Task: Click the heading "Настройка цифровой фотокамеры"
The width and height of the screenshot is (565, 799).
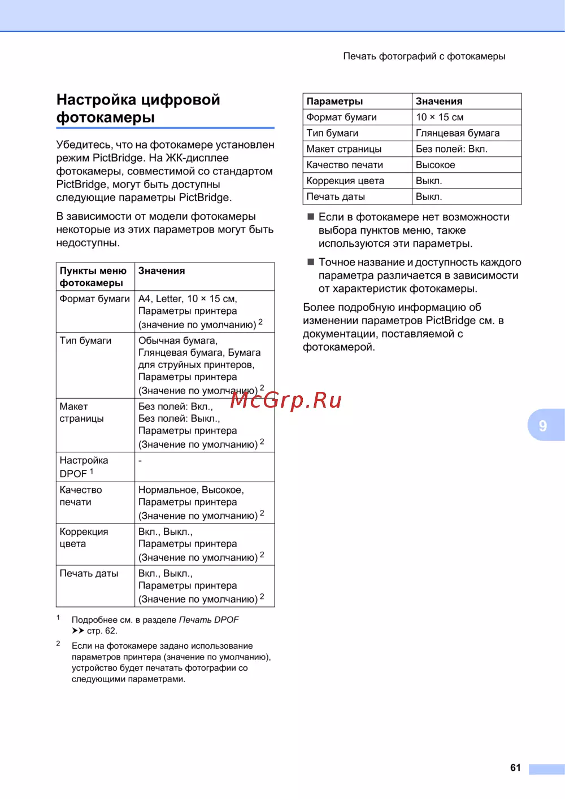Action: (138, 108)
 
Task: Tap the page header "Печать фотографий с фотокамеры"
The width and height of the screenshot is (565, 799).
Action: (424, 56)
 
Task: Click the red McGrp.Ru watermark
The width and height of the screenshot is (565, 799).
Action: (286, 400)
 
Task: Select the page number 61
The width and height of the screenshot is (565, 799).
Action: (515, 767)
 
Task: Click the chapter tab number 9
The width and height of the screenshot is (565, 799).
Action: (542, 425)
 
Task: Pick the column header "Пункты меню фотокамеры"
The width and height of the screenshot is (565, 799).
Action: (93, 277)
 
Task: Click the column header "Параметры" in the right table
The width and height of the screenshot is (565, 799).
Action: (334, 101)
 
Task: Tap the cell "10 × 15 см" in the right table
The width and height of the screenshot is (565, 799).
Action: (440, 117)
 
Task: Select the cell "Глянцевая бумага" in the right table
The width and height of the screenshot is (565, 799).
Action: (458, 133)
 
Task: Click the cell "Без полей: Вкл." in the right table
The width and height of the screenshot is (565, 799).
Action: (451, 149)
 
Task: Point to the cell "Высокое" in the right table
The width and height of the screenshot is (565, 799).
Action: (435, 165)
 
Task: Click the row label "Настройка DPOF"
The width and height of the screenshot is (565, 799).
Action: (84, 467)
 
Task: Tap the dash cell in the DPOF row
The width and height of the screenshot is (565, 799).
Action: (140, 460)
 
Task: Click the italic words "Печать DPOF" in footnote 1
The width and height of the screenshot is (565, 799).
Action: (208, 619)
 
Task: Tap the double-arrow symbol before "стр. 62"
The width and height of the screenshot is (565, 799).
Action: (78, 631)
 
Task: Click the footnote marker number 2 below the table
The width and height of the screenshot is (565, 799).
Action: (58, 643)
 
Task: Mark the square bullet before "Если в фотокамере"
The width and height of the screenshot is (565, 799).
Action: (310, 217)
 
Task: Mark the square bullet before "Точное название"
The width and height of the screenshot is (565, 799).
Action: (310, 262)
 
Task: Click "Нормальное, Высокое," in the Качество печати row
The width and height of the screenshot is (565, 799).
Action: (191, 490)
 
